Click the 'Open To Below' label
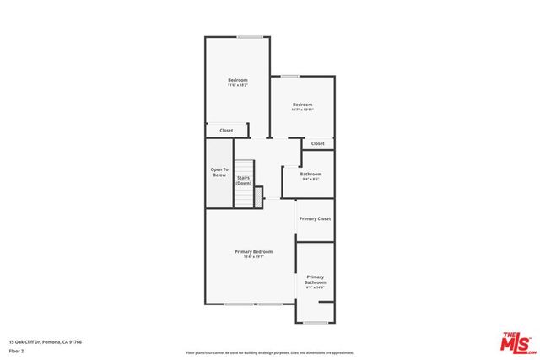coord(219,172)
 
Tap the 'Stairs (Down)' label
coord(243,180)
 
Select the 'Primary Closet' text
coord(315,218)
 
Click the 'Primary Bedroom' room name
coord(253,251)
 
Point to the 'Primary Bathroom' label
coord(316,280)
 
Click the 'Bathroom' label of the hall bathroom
coord(310,174)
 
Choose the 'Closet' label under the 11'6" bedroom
coord(226,131)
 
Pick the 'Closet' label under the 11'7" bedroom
coord(317,143)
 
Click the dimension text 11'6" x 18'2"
coord(237,85)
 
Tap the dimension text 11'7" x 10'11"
coord(302,110)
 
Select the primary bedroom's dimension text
coord(253,257)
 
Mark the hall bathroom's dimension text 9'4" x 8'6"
coord(310,179)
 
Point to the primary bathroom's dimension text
coord(316,288)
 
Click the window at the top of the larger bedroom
coord(249,36)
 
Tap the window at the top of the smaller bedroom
coord(290,77)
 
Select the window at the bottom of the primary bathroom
coord(315,322)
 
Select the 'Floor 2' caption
coord(16,351)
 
